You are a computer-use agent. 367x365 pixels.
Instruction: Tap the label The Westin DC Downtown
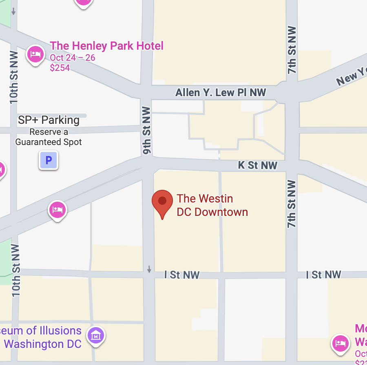click(x=212, y=205)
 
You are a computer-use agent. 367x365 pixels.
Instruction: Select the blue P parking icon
click(x=49, y=160)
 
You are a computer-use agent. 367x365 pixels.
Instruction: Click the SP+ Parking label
click(x=49, y=120)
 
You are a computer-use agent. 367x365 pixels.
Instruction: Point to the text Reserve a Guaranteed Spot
click(x=49, y=137)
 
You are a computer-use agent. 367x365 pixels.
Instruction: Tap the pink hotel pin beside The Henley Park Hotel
click(x=35, y=54)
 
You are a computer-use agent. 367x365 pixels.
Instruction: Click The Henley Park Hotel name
click(x=106, y=46)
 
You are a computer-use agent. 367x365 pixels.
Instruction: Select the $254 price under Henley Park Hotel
click(x=60, y=68)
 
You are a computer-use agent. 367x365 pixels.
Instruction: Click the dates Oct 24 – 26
click(x=73, y=57)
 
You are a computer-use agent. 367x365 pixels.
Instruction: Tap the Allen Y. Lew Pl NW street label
click(x=221, y=93)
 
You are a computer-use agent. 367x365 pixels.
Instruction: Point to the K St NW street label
click(x=258, y=165)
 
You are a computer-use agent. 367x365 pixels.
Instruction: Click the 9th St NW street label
click(x=147, y=130)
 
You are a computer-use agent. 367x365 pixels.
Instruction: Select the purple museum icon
click(x=97, y=336)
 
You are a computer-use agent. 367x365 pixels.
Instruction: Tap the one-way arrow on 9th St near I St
click(x=149, y=269)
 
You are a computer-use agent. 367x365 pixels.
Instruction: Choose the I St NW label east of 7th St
click(x=323, y=275)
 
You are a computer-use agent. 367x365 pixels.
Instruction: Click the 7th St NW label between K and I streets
click(x=292, y=204)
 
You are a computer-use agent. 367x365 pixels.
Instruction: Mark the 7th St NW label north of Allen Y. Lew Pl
click(x=292, y=50)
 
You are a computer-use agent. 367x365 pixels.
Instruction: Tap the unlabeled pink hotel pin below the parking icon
click(x=57, y=210)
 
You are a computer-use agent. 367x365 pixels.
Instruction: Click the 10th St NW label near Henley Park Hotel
click(x=14, y=77)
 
